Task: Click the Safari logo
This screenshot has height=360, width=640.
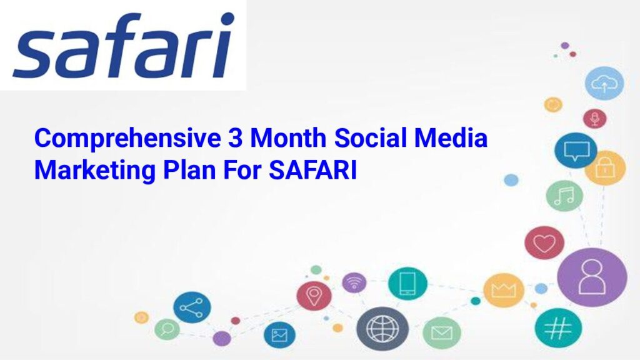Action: (124, 45)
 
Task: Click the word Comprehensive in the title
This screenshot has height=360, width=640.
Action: (127, 139)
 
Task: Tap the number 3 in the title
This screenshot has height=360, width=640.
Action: (235, 137)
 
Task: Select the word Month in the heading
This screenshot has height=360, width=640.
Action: (288, 137)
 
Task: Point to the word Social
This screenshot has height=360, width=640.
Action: (371, 137)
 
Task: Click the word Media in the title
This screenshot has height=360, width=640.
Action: (451, 137)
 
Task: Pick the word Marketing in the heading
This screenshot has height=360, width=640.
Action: (95, 171)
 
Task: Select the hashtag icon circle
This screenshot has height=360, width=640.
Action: (558, 327)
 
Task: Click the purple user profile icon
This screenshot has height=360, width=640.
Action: (592, 277)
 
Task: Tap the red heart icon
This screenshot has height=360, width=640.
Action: (544, 243)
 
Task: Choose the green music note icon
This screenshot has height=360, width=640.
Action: (564, 196)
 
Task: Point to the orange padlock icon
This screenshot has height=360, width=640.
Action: (605, 167)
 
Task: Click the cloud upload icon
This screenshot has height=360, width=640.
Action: (604, 83)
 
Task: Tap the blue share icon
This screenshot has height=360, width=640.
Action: (192, 307)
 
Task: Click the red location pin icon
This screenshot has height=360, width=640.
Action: (314, 296)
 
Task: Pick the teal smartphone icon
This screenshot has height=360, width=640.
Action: (407, 283)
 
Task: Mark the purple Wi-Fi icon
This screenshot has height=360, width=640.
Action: (354, 282)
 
